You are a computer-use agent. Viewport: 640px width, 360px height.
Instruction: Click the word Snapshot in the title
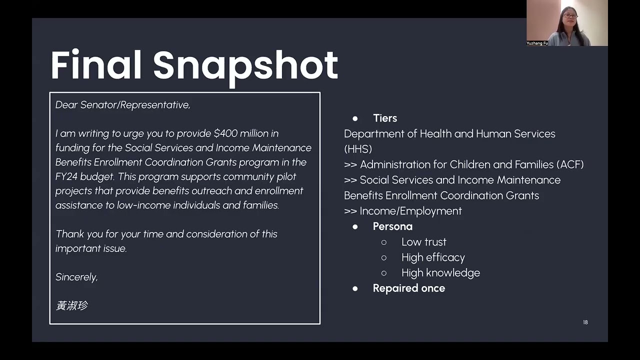point(245,65)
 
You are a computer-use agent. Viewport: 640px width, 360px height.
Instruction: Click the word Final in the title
point(96,65)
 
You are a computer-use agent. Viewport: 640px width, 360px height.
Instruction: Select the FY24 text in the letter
point(66,176)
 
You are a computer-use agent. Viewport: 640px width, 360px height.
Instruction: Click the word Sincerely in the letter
point(76,277)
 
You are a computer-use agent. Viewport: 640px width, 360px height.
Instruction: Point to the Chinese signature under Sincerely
point(72,305)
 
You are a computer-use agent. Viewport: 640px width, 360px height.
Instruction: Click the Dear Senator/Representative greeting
point(122,105)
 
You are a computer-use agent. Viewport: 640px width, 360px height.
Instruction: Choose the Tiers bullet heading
point(384,118)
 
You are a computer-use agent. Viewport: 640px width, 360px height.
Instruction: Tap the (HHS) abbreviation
point(358,149)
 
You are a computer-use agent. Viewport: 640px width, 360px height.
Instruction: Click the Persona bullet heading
point(392,226)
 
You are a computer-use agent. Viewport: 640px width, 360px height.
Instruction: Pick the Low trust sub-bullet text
point(423,242)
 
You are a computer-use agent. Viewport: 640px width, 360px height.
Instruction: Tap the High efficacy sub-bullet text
point(433,257)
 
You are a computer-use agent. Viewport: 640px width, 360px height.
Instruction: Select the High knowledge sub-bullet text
point(440,273)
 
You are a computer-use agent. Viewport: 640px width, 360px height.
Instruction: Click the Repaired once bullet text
point(408,288)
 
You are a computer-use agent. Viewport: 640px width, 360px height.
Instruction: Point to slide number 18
point(585,322)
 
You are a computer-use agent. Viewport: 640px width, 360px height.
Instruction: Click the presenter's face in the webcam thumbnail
point(569,16)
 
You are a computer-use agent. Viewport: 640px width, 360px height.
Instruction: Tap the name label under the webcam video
point(537,43)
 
